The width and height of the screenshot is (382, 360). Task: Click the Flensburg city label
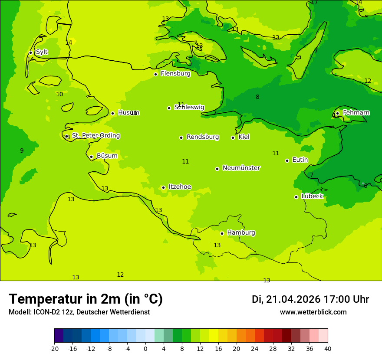click(175, 74)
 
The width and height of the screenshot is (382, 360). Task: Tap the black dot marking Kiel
click(233, 137)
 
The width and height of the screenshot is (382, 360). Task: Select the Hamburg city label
click(241, 233)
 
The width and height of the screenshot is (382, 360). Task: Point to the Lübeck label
click(312, 196)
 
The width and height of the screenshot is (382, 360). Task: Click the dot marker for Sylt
click(30, 52)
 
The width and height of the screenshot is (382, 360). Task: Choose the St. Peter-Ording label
click(95, 136)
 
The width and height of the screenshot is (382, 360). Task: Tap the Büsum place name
click(107, 156)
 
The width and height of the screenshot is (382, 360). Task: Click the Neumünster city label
click(241, 168)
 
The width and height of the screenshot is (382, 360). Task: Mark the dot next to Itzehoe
click(163, 187)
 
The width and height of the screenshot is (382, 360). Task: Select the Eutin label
click(300, 160)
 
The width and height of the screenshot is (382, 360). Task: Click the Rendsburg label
click(203, 137)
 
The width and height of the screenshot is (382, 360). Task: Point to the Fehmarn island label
click(356, 113)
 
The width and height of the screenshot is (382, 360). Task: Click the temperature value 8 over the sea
click(257, 97)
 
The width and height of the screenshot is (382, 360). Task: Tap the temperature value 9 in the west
click(22, 151)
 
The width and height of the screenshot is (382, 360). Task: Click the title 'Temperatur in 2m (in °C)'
click(86, 299)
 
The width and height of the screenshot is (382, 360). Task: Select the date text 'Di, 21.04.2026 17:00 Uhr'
click(310, 299)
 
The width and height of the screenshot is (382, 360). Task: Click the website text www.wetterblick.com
click(313, 312)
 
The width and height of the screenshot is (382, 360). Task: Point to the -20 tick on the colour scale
click(54, 349)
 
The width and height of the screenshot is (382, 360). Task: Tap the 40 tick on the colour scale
click(327, 349)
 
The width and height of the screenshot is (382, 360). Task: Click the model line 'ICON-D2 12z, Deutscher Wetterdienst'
click(79, 312)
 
